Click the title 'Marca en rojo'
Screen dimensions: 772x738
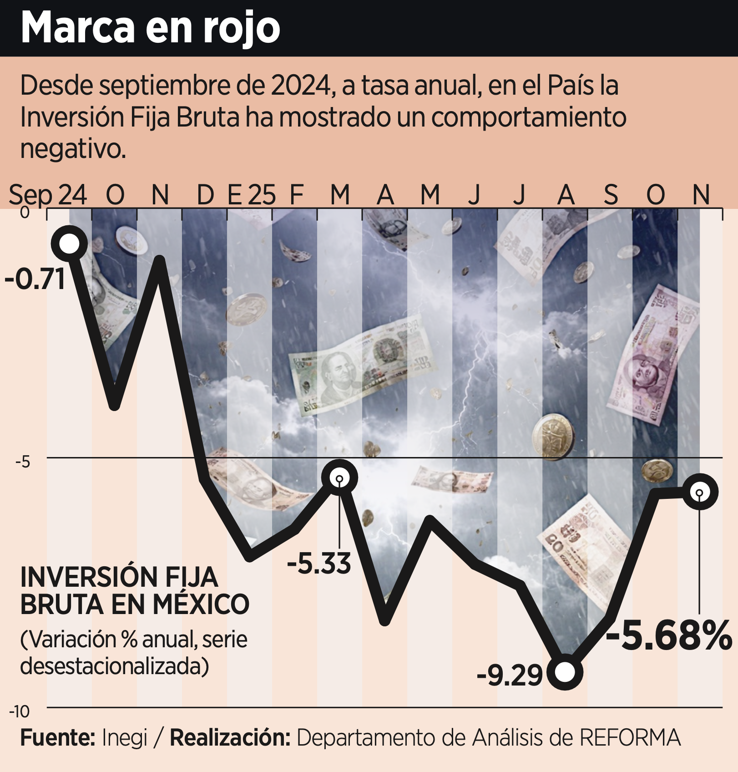150,28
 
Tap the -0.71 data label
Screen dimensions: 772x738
35,279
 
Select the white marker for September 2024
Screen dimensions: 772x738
69,244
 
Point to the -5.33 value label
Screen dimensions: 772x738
319,563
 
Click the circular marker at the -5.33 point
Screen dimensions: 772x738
339,478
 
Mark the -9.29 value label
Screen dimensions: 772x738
510,675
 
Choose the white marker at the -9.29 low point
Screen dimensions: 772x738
565,672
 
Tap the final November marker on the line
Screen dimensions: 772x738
700,492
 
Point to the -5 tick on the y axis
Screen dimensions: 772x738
23,462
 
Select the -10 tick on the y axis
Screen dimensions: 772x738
20,711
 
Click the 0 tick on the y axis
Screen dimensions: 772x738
25,213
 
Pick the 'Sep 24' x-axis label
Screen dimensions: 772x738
48,195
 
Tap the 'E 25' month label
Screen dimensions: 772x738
251,195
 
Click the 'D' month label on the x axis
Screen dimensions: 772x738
205,195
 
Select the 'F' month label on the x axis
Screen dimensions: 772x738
297,195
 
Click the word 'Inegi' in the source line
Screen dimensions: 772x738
125,738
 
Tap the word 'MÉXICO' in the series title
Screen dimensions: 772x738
201,604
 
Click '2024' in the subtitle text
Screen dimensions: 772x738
301,85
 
